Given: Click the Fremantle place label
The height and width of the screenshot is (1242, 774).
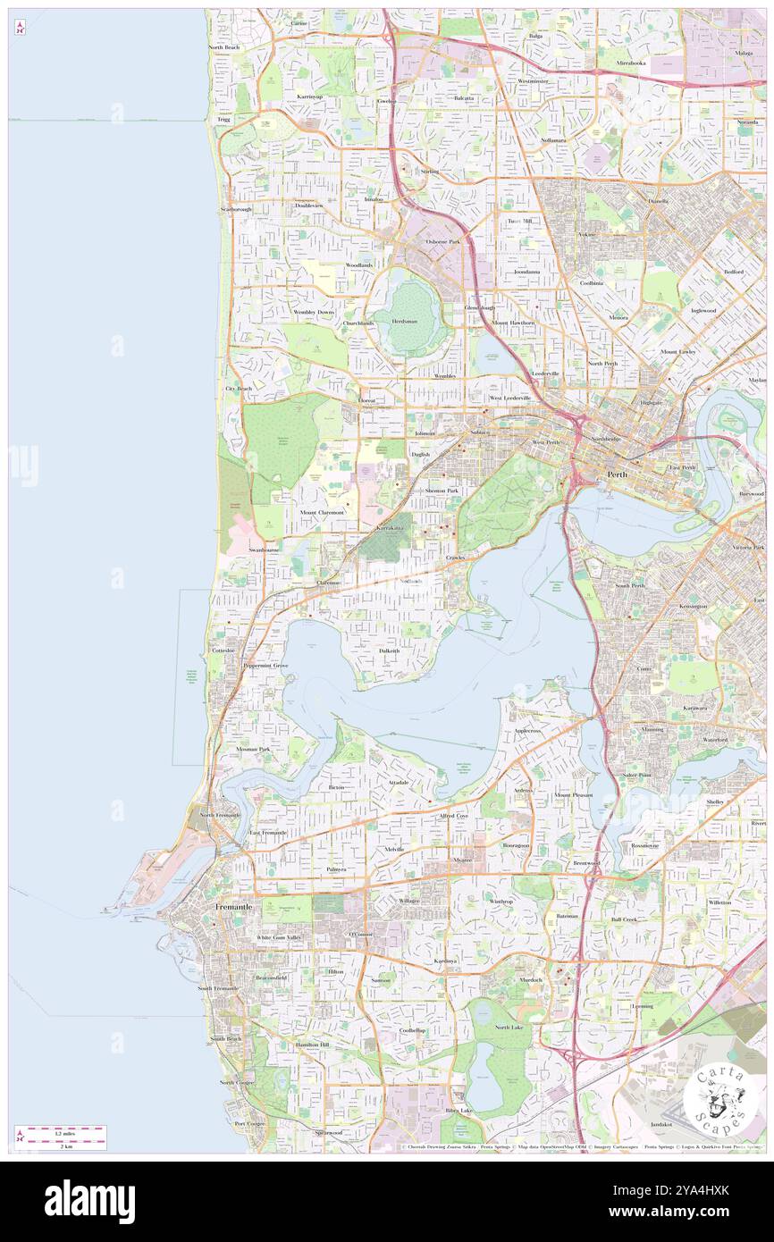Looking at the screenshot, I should (233, 906).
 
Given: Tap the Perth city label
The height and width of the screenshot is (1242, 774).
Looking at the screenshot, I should (617, 474).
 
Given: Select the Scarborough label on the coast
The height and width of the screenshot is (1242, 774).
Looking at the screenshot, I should (237, 209).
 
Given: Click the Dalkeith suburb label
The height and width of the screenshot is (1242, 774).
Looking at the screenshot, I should (389, 651).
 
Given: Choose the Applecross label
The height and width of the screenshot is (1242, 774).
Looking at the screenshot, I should (527, 731).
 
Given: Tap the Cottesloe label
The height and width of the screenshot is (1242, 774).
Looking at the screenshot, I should (223, 651).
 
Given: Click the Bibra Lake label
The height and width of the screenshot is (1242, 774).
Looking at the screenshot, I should (459, 1111).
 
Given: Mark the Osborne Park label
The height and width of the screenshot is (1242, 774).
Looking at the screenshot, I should (442, 241).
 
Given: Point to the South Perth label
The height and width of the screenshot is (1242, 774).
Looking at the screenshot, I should (629, 586).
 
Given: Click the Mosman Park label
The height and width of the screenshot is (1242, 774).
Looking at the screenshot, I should (253, 749).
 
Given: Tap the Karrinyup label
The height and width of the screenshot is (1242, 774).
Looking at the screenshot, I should (310, 96).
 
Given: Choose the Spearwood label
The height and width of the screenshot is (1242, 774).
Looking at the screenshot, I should (328, 1132).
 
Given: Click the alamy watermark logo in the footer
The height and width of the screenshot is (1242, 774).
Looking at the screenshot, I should (89, 1201).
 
